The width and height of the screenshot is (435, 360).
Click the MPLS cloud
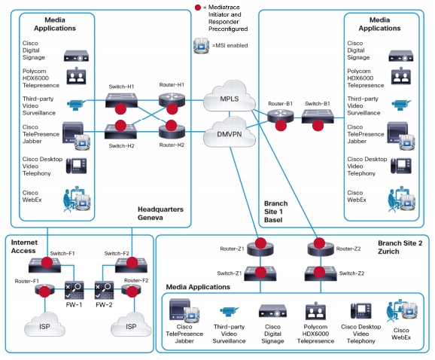[229, 96]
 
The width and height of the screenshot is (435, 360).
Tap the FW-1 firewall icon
[74, 290]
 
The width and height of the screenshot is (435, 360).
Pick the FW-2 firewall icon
[104, 290]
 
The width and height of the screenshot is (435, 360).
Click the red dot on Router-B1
[281, 126]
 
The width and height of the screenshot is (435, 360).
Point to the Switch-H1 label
[121, 87]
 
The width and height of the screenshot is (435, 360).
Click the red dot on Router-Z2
[319, 243]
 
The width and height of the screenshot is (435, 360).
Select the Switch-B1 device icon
[318, 117]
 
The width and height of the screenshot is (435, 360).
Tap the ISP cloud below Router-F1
[44, 325]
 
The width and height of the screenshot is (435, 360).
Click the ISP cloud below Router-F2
[131, 325]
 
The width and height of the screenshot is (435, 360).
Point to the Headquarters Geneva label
[160, 213]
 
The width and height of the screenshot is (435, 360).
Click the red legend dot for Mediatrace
[198, 8]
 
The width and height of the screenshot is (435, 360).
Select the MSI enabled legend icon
[201, 45]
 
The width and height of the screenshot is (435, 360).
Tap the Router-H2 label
[172, 145]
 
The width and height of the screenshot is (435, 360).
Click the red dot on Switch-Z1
[261, 273]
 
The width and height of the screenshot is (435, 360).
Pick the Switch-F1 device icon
[44, 265]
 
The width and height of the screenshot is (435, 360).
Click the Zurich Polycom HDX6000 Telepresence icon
[315, 311]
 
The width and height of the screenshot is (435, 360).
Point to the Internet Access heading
[24, 246]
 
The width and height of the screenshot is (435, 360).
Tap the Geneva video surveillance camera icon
[76, 105]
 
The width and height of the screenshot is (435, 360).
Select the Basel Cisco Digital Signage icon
[401, 56]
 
